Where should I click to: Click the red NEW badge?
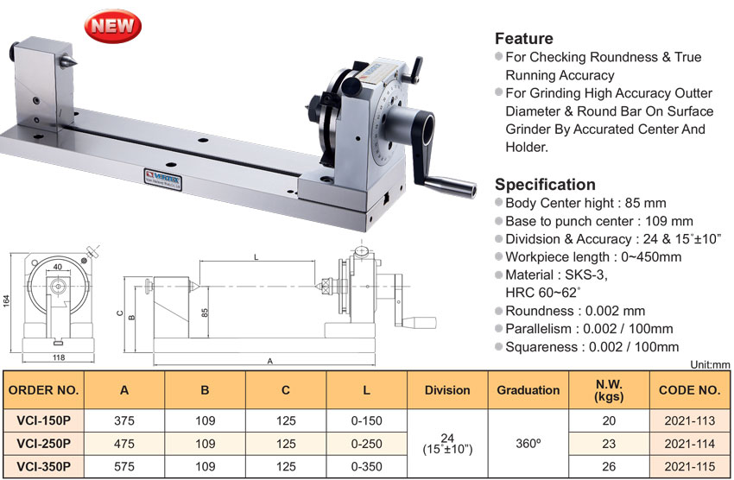pos(113,26)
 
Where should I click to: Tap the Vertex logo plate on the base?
pos(162,180)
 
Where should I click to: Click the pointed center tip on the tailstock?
pos(69,60)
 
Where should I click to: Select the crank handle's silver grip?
pos(451,186)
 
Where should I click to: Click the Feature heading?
pos(524,38)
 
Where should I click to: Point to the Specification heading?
pos(545,185)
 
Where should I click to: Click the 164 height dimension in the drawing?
pos(7,300)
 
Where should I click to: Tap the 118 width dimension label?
pos(59,357)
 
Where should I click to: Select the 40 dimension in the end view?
pos(58,267)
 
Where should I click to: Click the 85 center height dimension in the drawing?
pos(205,313)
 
